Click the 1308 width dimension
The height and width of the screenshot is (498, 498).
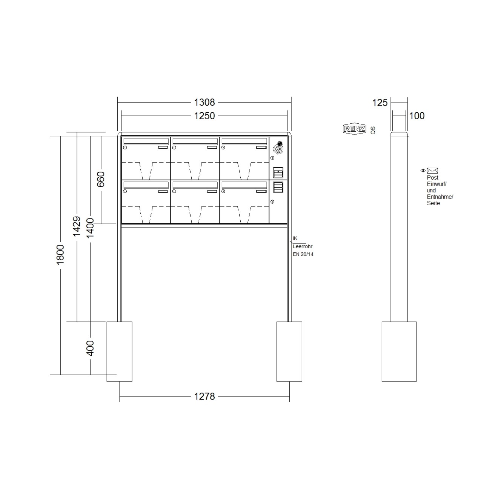coord(204,102)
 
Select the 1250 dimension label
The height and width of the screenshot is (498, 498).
coord(204,116)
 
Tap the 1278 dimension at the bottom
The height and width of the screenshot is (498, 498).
coord(204,397)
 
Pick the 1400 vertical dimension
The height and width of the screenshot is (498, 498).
coord(90,228)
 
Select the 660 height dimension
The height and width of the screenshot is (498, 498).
coord(101,179)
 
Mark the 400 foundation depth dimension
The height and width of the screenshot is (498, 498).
coord(90,348)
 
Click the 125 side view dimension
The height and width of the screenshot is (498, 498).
coord(380,103)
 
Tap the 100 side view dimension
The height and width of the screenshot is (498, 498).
coord(417,116)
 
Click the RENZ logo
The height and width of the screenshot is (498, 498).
coord(354,129)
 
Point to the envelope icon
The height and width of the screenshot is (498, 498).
coord(432,171)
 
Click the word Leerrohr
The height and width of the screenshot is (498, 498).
coord(303,246)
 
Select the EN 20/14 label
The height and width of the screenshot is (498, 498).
coord(303,254)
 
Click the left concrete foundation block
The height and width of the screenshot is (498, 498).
coord(119,351)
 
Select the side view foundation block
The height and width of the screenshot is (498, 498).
coord(399,351)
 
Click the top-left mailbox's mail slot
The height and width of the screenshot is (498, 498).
coord(146,141)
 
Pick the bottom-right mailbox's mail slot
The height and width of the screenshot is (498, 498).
coord(244,185)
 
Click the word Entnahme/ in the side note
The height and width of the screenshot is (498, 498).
coord(440,197)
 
